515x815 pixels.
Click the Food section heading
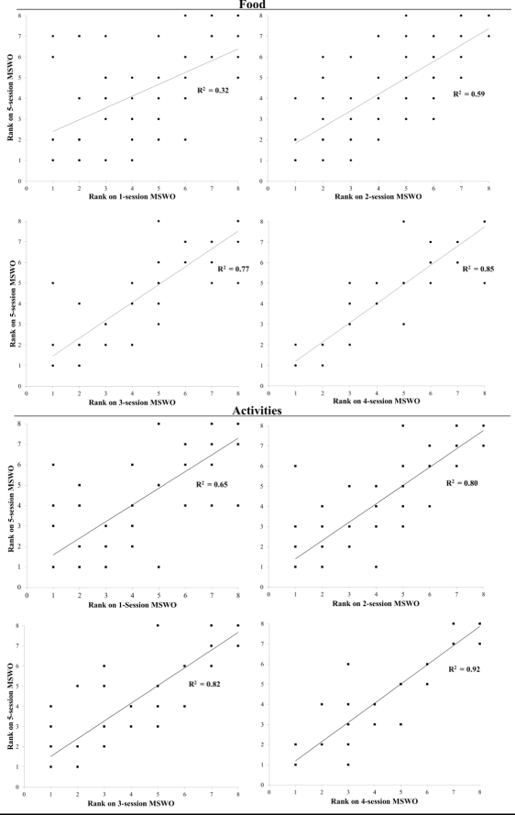257,5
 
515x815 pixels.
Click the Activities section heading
257,412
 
